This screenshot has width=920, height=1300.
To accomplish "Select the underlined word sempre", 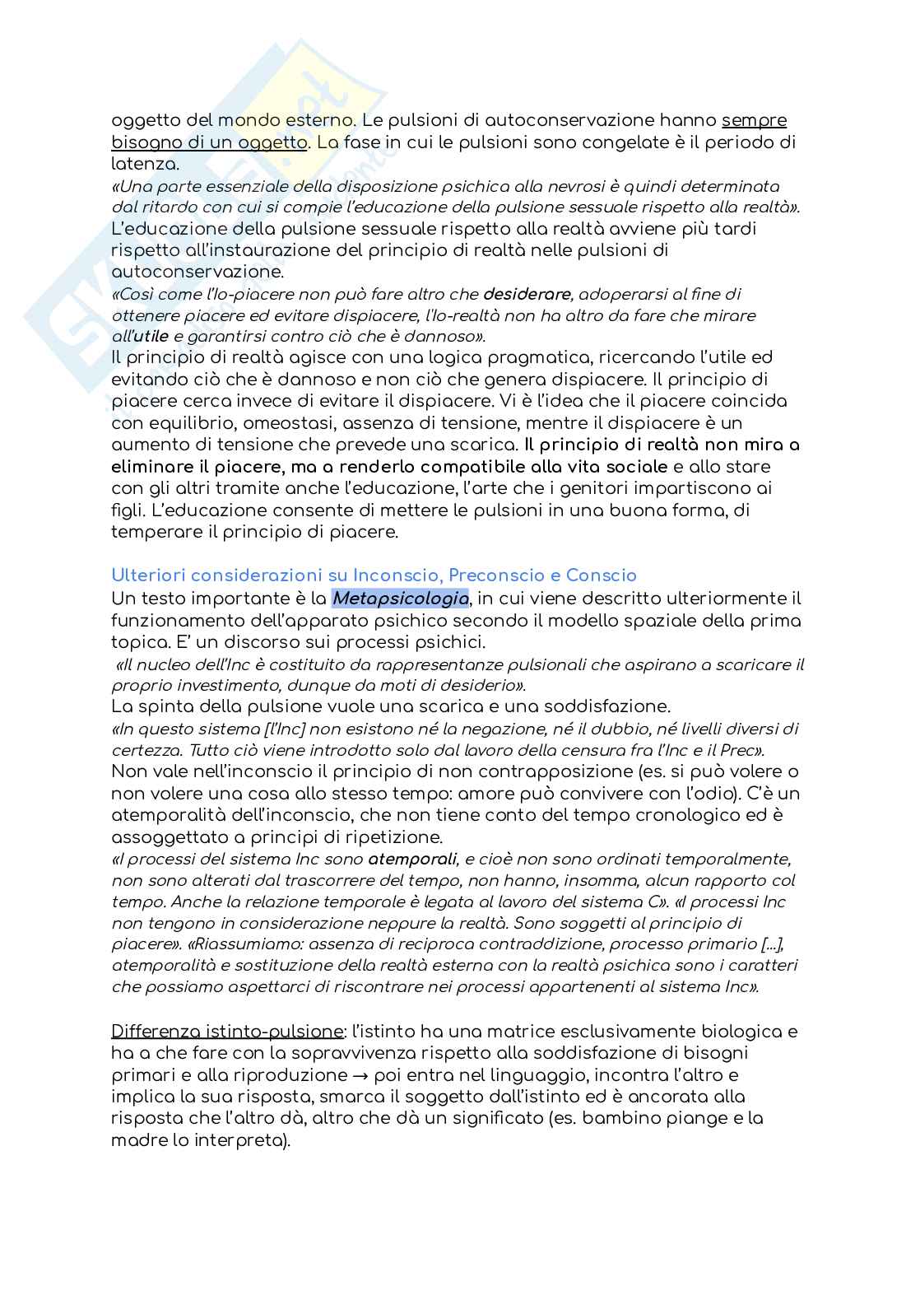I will [755, 120].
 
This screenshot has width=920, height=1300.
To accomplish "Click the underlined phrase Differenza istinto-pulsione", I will [227, 1032].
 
